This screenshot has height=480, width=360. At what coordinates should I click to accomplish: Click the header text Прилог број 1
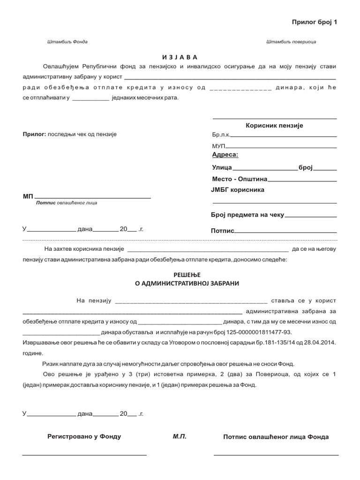tap(315, 22)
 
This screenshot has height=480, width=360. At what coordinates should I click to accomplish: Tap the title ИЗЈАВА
tap(180, 57)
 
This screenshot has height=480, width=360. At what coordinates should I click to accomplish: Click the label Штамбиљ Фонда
tap(67, 42)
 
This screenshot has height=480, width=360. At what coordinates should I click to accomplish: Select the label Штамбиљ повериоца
tap(291, 42)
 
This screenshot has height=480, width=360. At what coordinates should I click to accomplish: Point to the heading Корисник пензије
tap(275, 126)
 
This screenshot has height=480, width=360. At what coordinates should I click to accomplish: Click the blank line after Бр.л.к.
tap(284, 135)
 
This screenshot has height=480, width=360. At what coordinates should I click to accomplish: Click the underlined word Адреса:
tap(225, 155)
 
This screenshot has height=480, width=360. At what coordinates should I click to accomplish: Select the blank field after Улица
tap(265, 168)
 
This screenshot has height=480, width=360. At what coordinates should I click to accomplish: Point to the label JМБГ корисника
tap(238, 190)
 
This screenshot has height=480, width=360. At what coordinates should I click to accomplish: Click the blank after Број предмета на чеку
tap(311, 217)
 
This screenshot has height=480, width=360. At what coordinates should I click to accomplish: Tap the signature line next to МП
tap(93, 197)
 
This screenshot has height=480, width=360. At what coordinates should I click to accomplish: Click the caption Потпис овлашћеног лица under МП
tap(67, 203)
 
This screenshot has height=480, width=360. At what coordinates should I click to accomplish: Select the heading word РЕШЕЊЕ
tap(180, 275)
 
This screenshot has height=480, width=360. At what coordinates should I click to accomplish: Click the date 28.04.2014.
tap(320, 343)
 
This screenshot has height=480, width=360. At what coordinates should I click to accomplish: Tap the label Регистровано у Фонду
tap(84, 436)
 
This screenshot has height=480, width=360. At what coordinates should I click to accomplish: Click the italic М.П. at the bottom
tap(180, 436)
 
